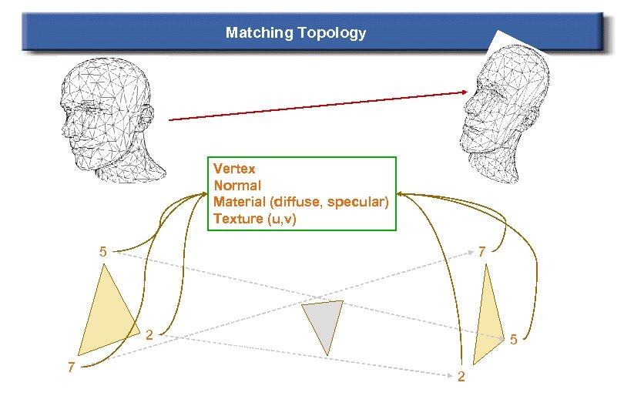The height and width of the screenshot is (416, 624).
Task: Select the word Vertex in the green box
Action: [234, 168]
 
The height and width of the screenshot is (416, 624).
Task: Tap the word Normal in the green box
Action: [237, 185]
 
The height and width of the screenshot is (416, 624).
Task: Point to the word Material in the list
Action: [239, 202]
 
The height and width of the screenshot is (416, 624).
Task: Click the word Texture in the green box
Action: [238, 219]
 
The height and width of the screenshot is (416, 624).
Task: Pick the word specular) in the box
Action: [360, 202]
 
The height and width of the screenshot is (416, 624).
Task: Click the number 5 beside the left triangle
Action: [103, 251]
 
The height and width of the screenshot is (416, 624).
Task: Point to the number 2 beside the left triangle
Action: [150, 334]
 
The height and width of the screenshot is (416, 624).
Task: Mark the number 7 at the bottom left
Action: [70, 367]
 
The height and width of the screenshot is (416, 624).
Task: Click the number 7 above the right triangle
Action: [481, 251]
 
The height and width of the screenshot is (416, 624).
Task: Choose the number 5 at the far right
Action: [515, 338]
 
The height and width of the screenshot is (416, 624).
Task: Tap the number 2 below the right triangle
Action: [461, 377]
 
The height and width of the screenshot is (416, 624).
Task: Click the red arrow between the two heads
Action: [316, 106]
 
